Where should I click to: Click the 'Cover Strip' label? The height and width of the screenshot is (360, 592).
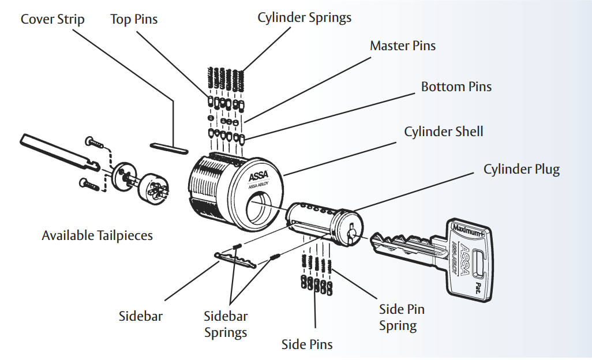click(53, 20)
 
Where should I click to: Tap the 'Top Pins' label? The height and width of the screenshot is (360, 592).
click(134, 20)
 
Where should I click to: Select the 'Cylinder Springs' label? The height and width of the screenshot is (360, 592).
click(304, 18)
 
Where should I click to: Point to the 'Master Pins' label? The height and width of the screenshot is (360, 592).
click(403, 46)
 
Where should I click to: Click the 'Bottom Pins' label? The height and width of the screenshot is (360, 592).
click(456, 87)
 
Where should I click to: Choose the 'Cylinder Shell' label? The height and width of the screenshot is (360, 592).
click(443, 132)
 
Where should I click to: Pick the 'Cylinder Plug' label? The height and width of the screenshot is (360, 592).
click(521, 170)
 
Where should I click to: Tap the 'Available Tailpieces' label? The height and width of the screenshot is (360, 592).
click(97, 235)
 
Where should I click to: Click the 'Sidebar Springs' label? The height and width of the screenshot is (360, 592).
click(226, 324)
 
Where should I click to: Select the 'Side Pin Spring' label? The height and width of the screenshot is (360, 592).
click(402, 317)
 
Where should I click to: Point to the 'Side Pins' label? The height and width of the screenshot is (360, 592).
click(307, 345)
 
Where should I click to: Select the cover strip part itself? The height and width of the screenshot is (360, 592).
click(168, 147)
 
